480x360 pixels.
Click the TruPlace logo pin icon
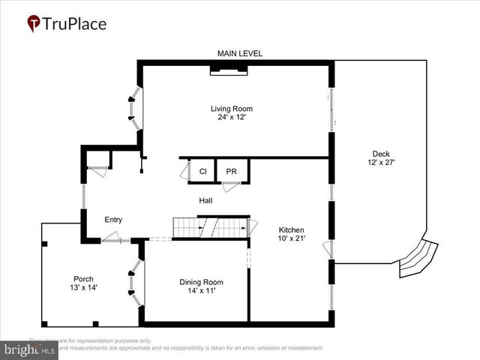(34, 23)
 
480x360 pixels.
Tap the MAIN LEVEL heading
(240, 53)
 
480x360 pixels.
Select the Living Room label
(231, 109)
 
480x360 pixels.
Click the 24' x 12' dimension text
(231, 118)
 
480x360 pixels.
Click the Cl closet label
(202, 172)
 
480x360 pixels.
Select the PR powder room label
(232, 172)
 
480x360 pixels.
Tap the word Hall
(205, 201)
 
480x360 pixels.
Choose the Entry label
(112, 220)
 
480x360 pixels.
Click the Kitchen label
(291, 229)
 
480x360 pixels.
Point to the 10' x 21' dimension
(291, 238)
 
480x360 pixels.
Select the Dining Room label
(201, 282)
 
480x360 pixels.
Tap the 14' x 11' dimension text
(201, 291)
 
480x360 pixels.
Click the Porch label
(83, 278)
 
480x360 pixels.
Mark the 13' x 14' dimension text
(83, 287)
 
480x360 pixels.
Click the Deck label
(381, 153)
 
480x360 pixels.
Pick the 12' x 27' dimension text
(381, 162)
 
